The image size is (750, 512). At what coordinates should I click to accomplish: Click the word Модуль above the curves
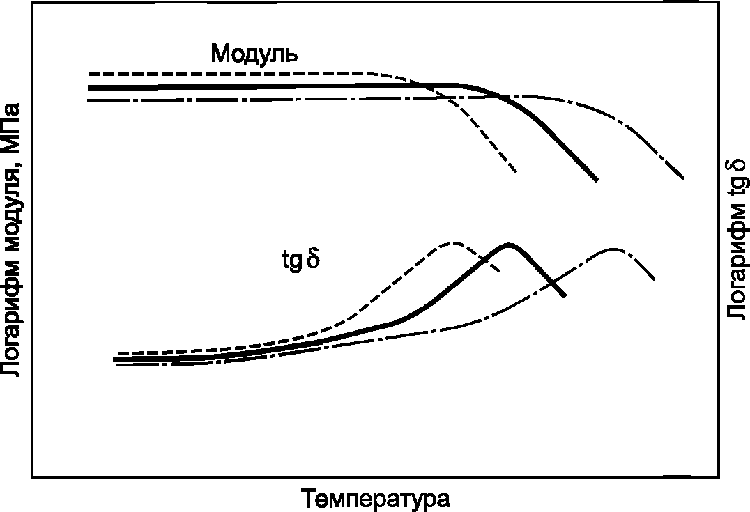[254, 53]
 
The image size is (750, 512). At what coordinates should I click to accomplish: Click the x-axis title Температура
[376, 499]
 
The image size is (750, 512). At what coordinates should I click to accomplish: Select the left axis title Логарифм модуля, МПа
[10, 240]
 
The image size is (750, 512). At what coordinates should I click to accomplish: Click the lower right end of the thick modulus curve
[597, 180]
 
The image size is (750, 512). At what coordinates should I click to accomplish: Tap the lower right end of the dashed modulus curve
[516, 171]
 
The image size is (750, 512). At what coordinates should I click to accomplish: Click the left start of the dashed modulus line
[89, 74]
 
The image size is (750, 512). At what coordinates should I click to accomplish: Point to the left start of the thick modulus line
[89, 88]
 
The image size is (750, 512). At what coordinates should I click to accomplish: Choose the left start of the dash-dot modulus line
[89, 100]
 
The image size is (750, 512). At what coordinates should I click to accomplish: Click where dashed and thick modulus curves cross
[422, 85]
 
